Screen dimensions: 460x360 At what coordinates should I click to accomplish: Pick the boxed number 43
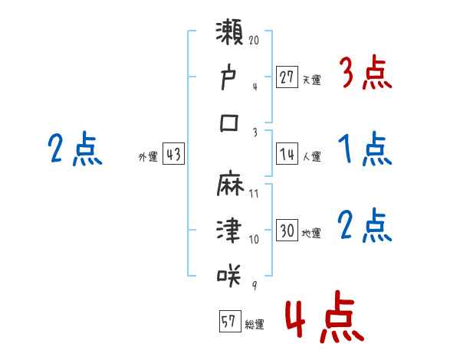pyautogui.click(x=173, y=154)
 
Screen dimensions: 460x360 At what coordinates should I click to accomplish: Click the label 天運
pyautogui.click(x=311, y=79)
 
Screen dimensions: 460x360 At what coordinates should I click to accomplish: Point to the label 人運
pyautogui.click(x=311, y=156)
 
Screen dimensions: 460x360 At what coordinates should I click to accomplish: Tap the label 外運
pyautogui.click(x=147, y=156)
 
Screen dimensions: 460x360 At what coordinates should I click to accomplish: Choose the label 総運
pyautogui.click(x=254, y=323)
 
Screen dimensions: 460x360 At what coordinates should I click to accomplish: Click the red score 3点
pyautogui.click(x=365, y=73)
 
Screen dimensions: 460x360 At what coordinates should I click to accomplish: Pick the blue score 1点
pyautogui.click(x=365, y=149)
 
